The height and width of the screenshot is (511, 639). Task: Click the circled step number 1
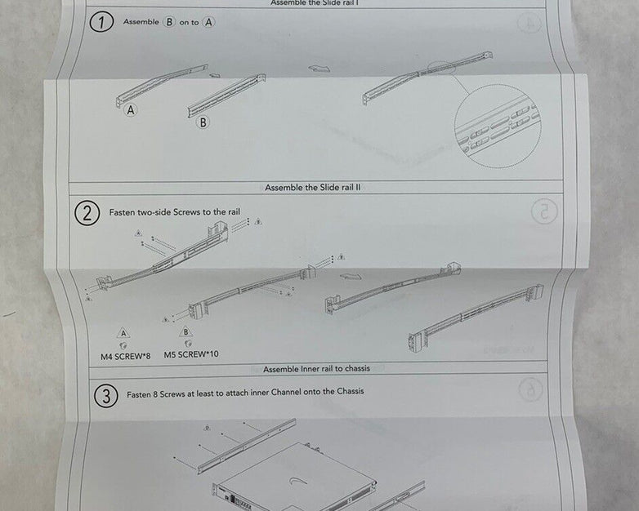[101, 23]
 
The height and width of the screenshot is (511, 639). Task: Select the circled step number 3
[105, 397]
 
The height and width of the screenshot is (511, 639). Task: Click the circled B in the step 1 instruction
[170, 22]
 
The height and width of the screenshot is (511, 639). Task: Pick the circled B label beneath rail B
[203, 122]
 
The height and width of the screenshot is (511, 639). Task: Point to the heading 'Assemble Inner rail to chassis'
[316, 368]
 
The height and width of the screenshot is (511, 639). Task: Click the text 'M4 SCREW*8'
[120, 355]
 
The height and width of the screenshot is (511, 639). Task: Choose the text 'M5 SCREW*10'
[191, 355]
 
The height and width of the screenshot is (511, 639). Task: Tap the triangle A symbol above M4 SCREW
[123, 333]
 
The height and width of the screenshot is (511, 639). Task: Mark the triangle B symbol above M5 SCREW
[185, 332]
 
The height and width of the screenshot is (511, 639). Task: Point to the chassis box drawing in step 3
[294, 473]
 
